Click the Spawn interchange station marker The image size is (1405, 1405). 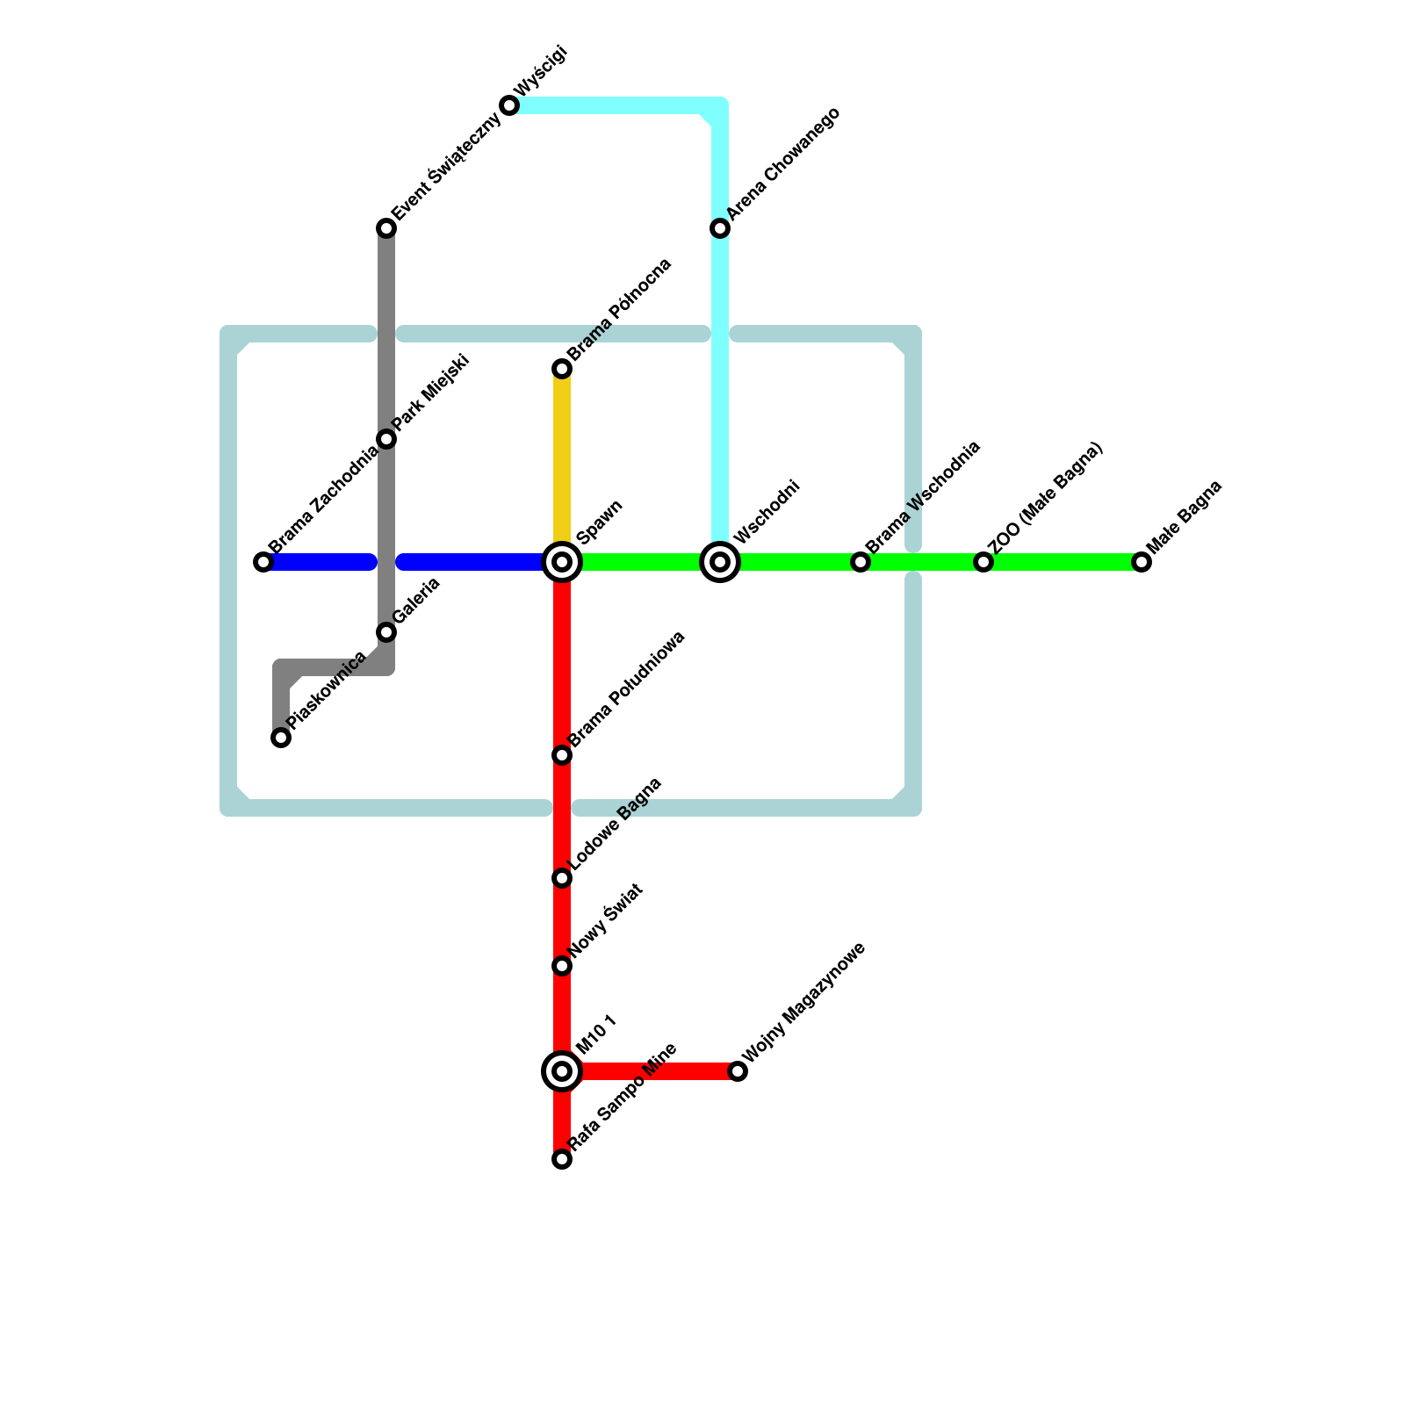562,562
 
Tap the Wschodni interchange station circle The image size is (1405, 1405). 720,562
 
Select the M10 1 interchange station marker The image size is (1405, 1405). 562,1071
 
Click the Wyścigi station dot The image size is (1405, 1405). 509,105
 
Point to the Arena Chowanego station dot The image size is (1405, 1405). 720,228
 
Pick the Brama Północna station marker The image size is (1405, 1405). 562,369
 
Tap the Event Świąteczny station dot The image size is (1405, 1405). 386,228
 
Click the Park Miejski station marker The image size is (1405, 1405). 386,439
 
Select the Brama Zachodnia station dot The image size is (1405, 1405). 263,562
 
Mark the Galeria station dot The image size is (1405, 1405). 386,632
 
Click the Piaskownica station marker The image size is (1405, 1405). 281,738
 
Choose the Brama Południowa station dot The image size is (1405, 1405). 562,755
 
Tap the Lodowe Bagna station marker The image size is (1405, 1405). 562,878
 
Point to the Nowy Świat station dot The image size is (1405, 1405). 562,966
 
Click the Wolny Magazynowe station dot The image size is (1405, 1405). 738,1071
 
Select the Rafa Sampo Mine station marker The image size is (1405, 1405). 562,1159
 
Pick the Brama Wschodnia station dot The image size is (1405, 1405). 861,562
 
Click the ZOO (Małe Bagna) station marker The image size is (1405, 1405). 983,562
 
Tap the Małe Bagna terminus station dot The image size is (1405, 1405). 1142,562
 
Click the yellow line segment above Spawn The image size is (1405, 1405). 562,457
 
